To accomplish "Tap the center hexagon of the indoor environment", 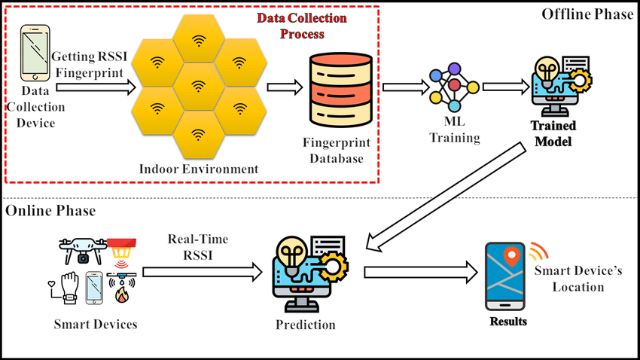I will click(198, 86).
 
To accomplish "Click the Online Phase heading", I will click(51, 211).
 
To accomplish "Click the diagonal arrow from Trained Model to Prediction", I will click(443, 195).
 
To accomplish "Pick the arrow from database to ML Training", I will click(401, 87).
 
